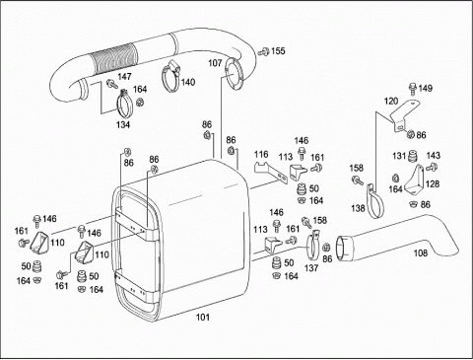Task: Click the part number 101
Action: [203, 317]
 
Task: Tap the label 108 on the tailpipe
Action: [421, 252]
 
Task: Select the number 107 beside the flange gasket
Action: [215, 63]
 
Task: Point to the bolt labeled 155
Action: [263, 51]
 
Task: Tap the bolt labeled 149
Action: [412, 89]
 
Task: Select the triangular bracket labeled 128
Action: [415, 180]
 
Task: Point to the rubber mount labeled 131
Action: [412, 156]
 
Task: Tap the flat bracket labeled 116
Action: [271, 172]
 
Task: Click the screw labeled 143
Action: [431, 168]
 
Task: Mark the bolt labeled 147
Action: [111, 84]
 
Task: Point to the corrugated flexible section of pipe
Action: [115, 58]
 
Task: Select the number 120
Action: [391, 101]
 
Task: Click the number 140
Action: [188, 82]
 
